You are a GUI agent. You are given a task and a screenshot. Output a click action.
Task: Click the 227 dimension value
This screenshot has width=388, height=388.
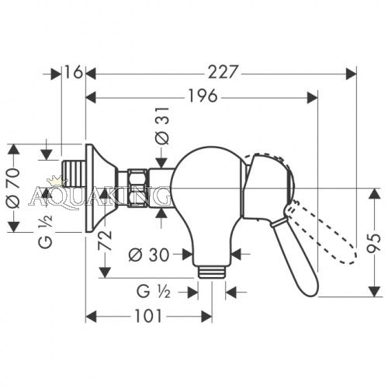click(x=223, y=72)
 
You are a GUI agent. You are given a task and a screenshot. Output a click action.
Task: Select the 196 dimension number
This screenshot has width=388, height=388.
click(x=203, y=95)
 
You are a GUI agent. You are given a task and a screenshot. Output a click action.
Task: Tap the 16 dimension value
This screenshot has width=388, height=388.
click(x=73, y=72)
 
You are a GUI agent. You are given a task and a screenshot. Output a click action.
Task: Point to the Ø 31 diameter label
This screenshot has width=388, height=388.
click(x=162, y=126)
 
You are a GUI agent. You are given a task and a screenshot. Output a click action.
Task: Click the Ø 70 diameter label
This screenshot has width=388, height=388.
click(x=13, y=188)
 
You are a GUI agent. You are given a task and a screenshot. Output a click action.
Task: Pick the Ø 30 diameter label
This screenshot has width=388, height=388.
click(x=149, y=255)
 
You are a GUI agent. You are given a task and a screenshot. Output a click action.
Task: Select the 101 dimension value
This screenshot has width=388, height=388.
click(x=148, y=316)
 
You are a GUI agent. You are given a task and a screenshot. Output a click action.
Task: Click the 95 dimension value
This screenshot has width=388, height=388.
click(x=374, y=243)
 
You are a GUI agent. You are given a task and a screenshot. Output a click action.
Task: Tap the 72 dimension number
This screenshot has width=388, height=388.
click(x=105, y=241)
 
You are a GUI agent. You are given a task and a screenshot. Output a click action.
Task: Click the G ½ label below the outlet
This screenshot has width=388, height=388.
click(x=153, y=293)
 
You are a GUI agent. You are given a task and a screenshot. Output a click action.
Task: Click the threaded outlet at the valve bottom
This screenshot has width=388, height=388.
click(x=211, y=272)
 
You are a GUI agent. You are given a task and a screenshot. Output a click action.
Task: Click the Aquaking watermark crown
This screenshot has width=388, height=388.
click(x=57, y=180)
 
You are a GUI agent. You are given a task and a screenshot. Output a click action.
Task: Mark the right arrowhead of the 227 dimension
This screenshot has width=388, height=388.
click(x=351, y=74)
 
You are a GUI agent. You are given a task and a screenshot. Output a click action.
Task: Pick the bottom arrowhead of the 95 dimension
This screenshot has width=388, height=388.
click(x=374, y=291)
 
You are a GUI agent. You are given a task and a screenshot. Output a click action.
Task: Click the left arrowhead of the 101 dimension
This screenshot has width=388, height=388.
click(x=91, y=317)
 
